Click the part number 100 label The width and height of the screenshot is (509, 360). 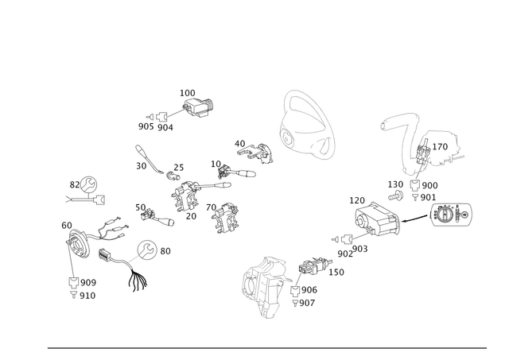click(188, 93)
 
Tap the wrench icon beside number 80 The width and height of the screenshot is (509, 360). click(147, 250)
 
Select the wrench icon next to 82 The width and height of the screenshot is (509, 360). click(88, 185)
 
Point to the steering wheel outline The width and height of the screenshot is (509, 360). click(306, 126)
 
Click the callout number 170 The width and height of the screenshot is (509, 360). click(440, 147)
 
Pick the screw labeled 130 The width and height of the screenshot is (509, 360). click(396, 195)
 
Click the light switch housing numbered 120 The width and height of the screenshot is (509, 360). click(378, 219)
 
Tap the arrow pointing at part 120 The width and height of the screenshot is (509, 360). click(416, 219)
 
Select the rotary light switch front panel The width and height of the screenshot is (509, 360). click(452, 215)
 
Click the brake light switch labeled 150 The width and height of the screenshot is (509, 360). click(314, 265)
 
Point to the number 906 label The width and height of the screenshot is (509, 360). click(309, 289)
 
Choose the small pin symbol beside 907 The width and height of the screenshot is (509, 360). click(295, 304)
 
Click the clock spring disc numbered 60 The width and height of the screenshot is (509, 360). click(77, 243)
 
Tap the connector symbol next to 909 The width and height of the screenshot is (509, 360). click(74, 282)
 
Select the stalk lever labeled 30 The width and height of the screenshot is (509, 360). click(150, 159)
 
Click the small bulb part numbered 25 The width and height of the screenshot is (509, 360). click(172, 176)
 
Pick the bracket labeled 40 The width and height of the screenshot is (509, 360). click(255, 153)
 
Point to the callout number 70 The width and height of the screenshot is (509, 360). click(211, 207)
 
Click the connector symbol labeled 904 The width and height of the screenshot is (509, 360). click(162, 117)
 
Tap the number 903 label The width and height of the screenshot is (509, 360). click(359, 249)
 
